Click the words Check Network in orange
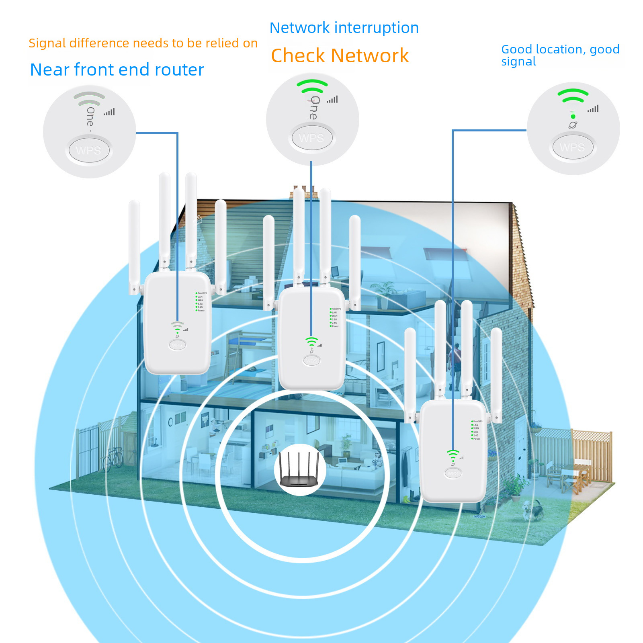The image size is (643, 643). point(340,55)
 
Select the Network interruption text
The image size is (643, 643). point(344,28)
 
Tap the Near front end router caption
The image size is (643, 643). point(117,70)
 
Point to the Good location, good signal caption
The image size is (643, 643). point(560,55)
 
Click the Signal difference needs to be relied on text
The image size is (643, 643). point(143,43)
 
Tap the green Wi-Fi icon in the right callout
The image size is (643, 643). point(573,96)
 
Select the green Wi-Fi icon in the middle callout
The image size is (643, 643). point(312,86)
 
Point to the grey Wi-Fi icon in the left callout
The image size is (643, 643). point(89,98)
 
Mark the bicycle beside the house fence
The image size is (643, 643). point(113,458)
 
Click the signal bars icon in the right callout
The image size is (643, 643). point(593,109)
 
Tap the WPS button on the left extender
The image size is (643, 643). point(177,345)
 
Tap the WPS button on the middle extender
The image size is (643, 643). point(311,360)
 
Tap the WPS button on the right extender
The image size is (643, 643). point(453,473)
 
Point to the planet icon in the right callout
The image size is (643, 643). point(573,125)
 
